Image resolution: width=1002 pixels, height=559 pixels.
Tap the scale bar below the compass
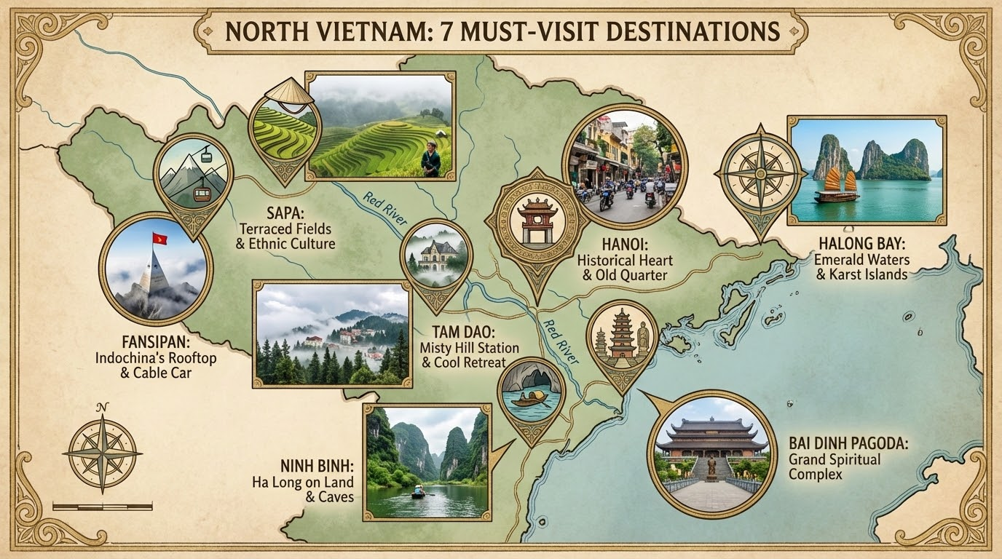(102, 505)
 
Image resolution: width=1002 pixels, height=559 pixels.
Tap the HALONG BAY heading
(861, 244)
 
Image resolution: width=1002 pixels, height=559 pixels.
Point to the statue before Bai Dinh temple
(711, 466)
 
